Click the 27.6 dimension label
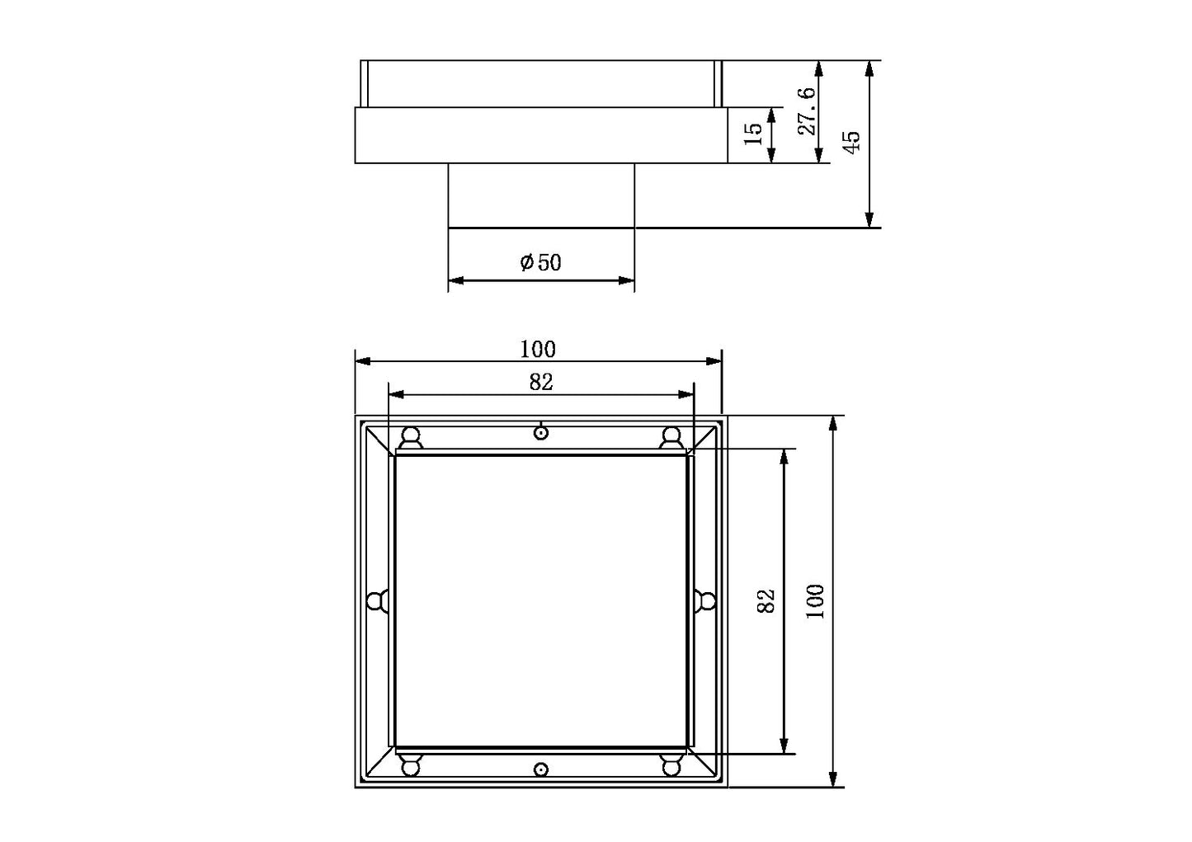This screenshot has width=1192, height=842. [807, 111]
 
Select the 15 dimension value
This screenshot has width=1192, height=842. [753, 134]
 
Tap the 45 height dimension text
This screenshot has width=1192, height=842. [852, 142]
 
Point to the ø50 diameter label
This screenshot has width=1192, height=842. [540, 262]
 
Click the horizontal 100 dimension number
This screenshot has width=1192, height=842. [538, 350]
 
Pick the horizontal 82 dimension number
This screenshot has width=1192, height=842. [541, 382]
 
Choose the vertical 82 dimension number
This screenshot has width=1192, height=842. [766, 601]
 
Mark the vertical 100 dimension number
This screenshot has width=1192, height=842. [815, 601]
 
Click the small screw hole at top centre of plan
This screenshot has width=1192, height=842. [541, 433]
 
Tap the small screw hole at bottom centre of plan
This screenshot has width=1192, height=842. [541, 769]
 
